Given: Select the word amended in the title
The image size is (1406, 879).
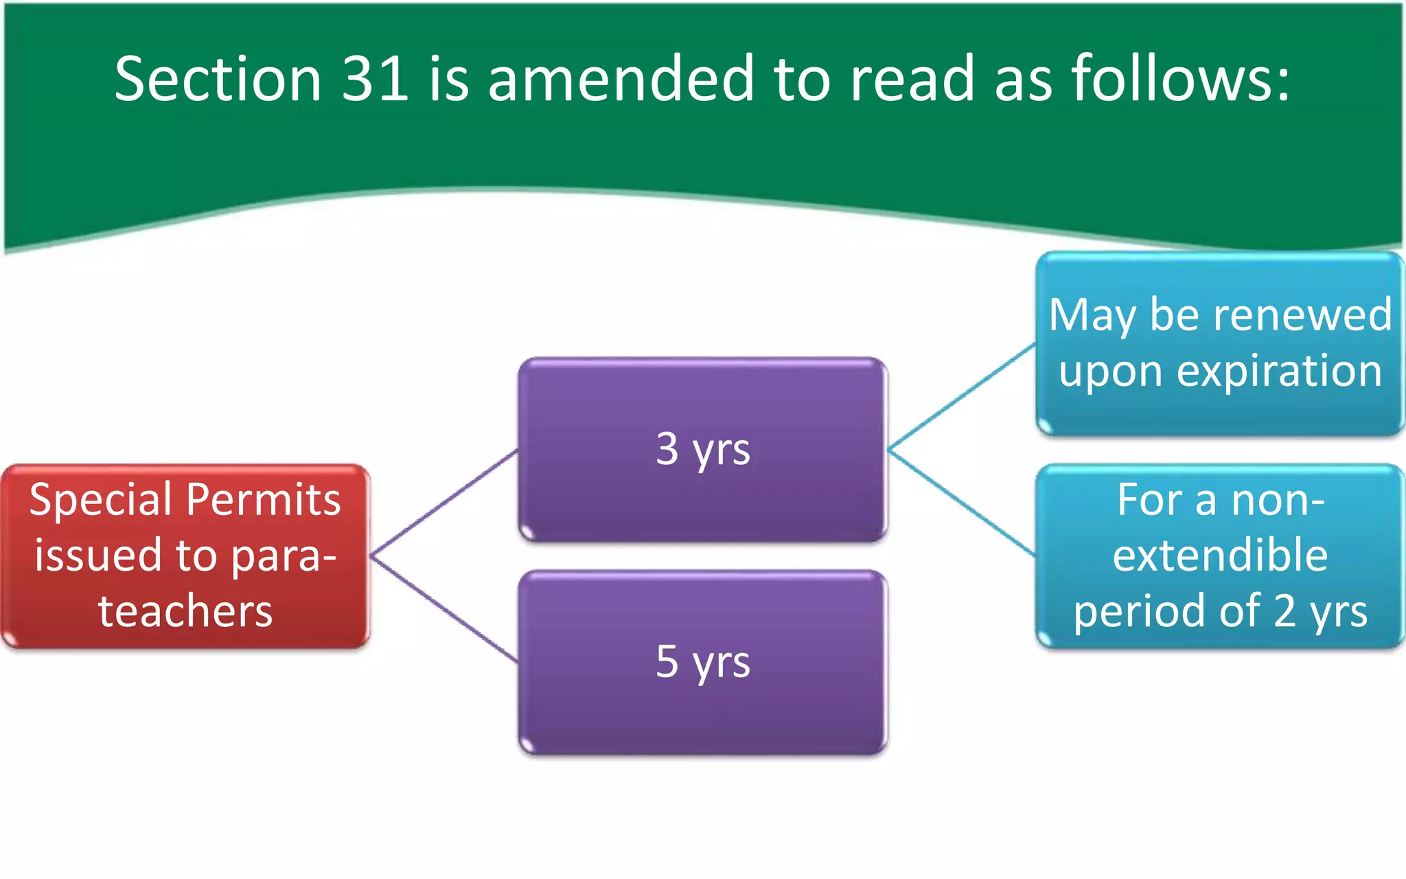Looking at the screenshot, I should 621,79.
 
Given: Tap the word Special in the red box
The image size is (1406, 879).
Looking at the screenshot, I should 102,500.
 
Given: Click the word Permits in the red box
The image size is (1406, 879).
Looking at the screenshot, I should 264,500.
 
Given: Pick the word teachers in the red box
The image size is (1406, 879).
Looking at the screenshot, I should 185,611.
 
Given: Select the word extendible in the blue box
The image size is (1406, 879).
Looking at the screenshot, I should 1220,556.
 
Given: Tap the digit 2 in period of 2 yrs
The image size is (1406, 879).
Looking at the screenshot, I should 1284,610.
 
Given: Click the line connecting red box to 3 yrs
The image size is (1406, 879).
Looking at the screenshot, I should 445,503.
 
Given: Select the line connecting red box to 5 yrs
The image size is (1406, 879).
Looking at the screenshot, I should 445,609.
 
